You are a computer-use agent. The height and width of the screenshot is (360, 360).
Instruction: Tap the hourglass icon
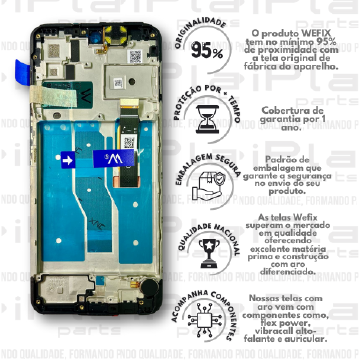click(x=206, y=118)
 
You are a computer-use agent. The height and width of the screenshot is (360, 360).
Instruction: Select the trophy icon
click(x=206, y=248)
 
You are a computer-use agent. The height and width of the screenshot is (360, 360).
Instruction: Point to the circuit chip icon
click(x=206, y=313)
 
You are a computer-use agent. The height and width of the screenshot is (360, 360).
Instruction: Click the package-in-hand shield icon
click(x=206, y=183)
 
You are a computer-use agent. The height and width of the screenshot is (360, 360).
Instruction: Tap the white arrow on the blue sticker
click(x=69, y=159)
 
